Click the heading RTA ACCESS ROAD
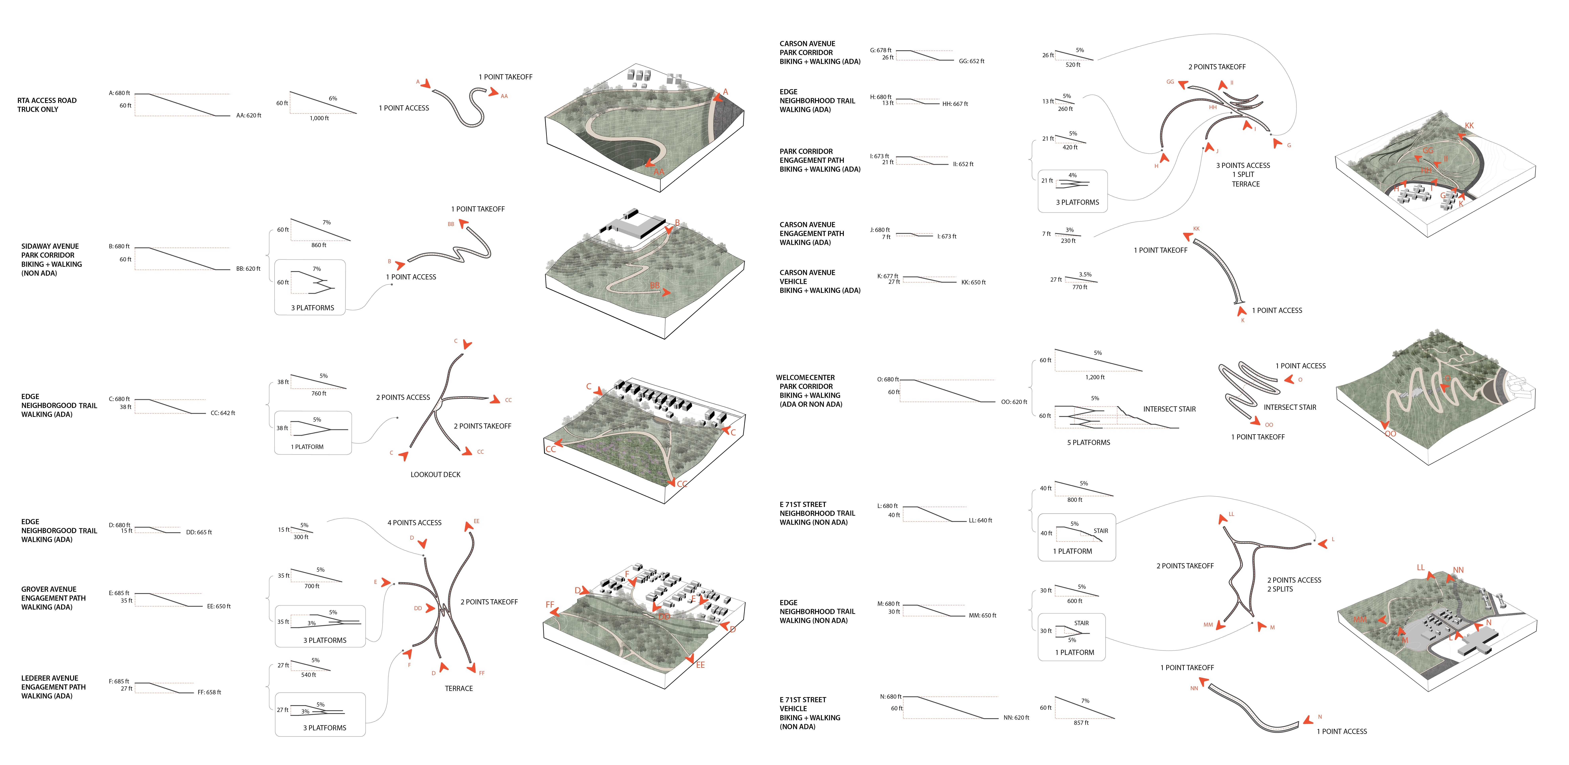[47, 100]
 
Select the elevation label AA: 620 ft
[249, 115]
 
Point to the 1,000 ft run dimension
[319, 118]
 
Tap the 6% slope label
[333, 98]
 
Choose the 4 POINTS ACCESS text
[414, 523]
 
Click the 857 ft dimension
[1081, 722]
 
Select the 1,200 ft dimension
[1095, 377]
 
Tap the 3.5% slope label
[1085, 274]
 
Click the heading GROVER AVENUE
[49, 589]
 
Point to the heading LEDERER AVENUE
[49, 678]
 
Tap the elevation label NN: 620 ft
[1016, 717]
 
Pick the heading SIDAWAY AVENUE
[50, 247]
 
